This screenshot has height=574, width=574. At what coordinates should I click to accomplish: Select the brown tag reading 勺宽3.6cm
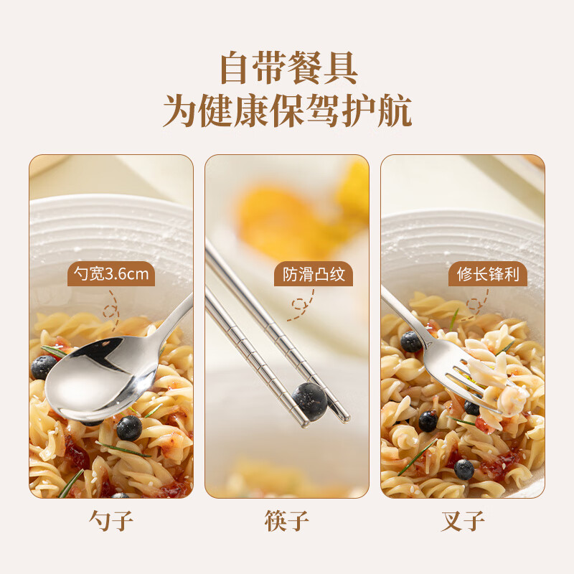pos(111,274)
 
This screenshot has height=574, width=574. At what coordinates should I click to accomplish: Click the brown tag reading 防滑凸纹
pos(314,274)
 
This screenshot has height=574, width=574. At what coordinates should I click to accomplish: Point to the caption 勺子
pos(111,520)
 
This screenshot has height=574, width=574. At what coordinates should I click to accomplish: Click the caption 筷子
pos(287,520)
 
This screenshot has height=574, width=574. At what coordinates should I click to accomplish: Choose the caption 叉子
pos(463,520)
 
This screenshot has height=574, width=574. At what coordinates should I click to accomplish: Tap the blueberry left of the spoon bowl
pos(43,367)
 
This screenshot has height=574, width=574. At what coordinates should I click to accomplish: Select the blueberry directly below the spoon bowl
pos(129,428)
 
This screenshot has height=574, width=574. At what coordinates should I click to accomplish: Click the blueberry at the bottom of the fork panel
pos(464,469)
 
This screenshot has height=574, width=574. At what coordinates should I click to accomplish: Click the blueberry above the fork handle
pos(412,342)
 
